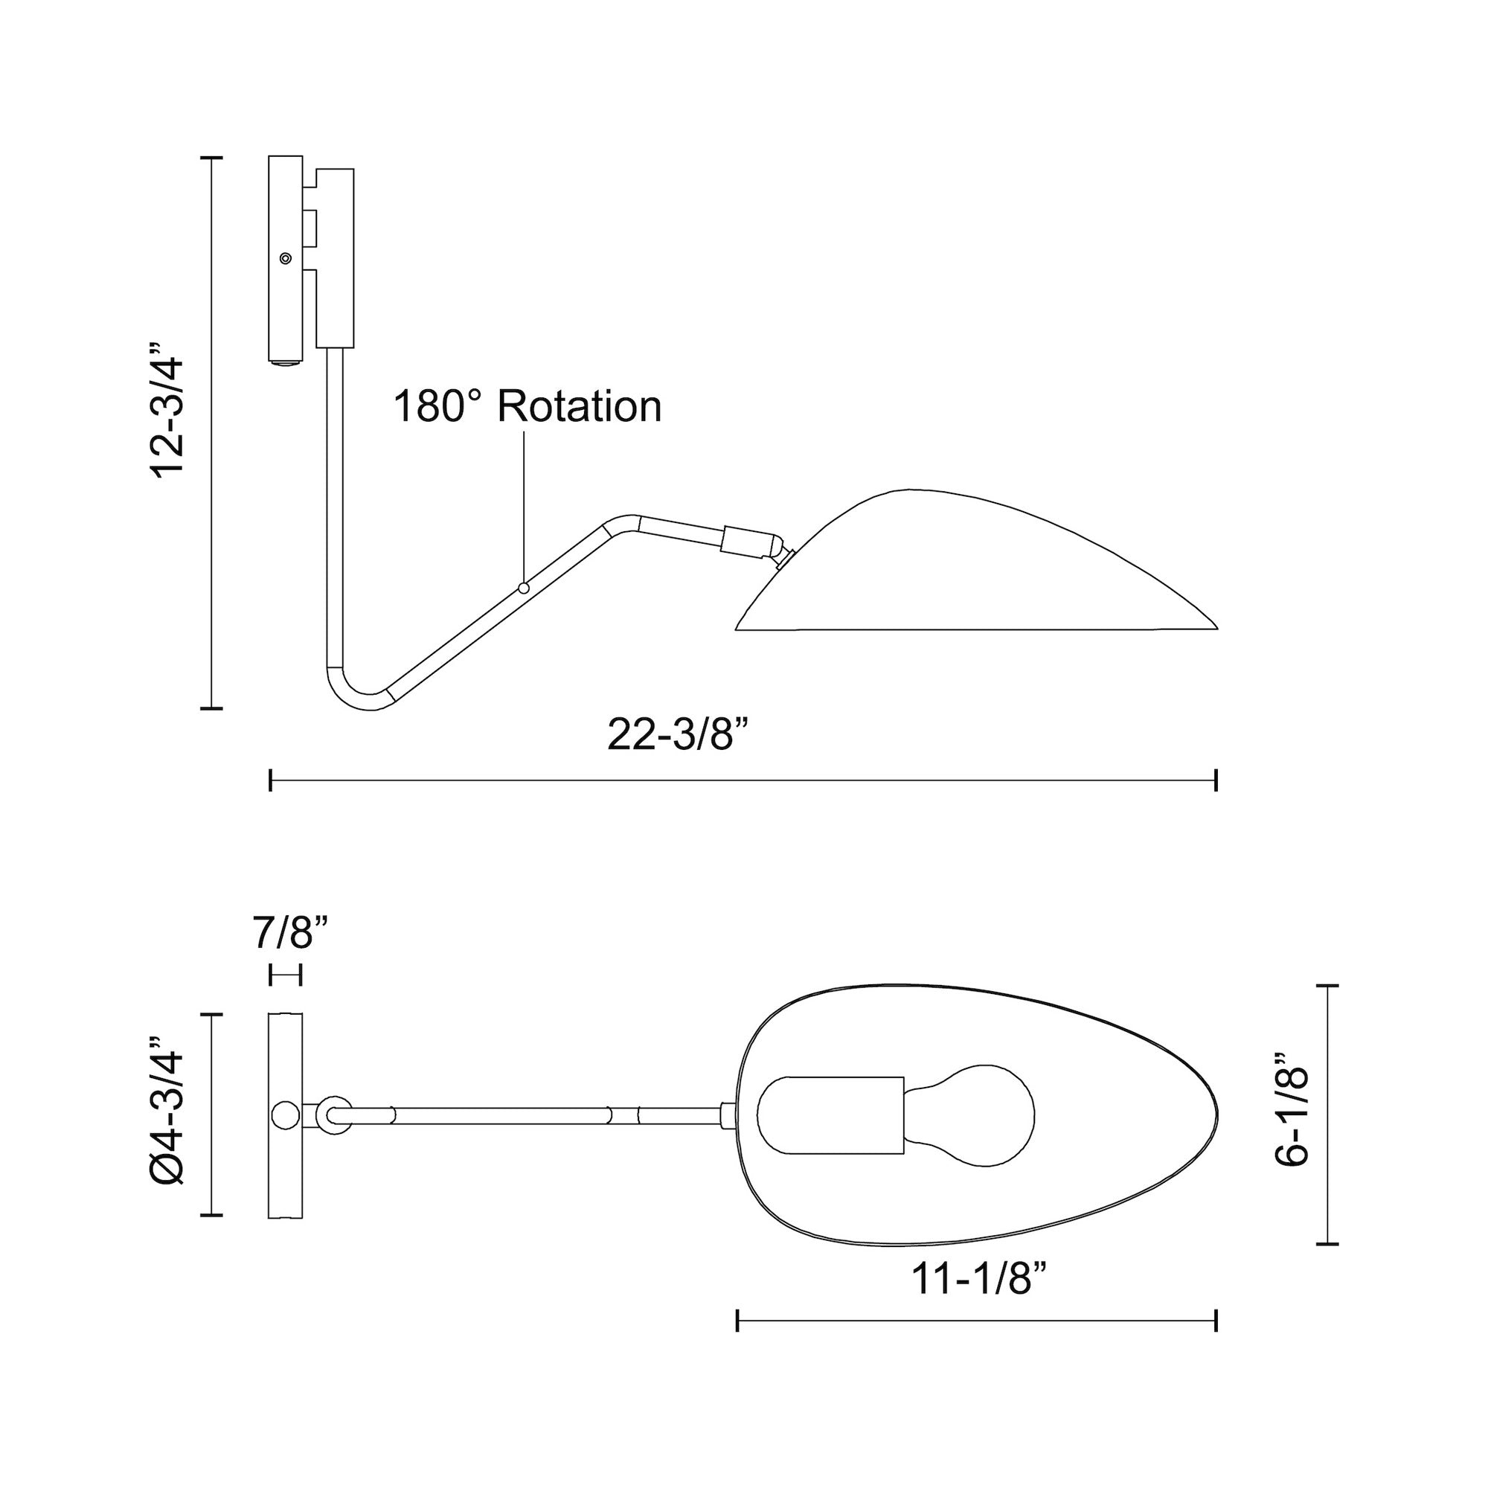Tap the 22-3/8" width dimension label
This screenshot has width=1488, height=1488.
click(x=678, y=734)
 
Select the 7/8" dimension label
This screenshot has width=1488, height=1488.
click(x=290, y=934)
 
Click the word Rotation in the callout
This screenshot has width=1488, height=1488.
click(x=579, y=406)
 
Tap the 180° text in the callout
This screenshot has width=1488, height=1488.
click(x=437, y=406)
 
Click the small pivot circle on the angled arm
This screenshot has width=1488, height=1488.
click(x=524, y=589)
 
